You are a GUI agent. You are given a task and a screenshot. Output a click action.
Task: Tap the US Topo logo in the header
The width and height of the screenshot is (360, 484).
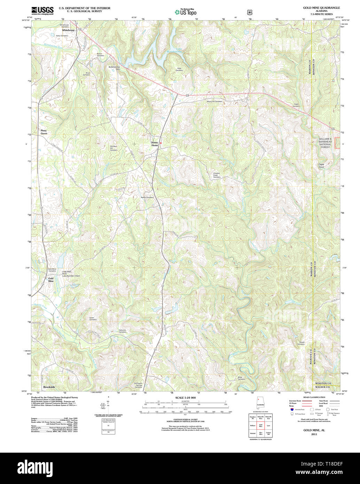(x=186, y=12)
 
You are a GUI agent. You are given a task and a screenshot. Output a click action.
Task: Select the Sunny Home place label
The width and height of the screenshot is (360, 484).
(x=155, y=144)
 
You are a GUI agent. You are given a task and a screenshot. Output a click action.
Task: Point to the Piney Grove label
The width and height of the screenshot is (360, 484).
(x=44, y=132)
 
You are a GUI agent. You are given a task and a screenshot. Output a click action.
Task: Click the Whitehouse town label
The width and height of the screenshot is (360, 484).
(x=68, y=30)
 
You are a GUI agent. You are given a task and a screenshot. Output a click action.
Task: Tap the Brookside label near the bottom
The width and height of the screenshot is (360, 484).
(x=49, y=387)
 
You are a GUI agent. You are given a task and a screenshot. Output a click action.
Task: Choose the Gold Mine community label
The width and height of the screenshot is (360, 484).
(x=51, y=280)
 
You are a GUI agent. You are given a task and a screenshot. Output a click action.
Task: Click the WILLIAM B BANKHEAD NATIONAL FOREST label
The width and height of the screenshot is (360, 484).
(x=325, y=143)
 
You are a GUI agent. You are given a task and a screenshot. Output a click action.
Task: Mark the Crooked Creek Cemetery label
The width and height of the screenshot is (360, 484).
(x=217, y=175)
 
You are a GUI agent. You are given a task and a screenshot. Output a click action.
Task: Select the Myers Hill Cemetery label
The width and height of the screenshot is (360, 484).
(x=214, y=102)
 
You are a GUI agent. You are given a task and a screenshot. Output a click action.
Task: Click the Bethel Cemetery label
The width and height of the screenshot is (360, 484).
(x=147, y=197)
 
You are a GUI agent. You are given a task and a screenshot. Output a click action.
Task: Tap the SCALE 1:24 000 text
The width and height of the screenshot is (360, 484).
(x=186, y=398)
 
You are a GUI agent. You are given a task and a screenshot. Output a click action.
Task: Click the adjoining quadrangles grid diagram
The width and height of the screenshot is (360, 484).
(x=260, y=426)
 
